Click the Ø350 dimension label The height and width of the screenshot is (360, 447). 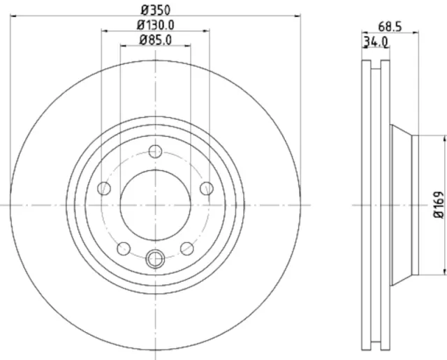[x=155, y=10]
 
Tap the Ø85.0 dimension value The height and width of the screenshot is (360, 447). [x=155, y=40]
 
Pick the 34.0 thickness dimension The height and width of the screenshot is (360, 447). [x=375, y=43]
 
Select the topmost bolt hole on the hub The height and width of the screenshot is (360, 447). [x=155, y=151]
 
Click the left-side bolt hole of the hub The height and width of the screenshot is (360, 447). [x=105, y=188]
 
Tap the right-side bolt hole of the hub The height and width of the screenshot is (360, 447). [x=206, y=188]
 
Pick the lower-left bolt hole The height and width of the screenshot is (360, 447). [x=124, y=248]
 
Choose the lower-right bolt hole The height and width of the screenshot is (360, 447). [x=187, y=248]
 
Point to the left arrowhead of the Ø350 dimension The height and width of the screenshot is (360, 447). [x=13, y=15]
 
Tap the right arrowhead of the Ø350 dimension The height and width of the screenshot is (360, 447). [x=298, y=15]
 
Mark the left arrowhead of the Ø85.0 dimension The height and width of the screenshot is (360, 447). [x=123, y=46]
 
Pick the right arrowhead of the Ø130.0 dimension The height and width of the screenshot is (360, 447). [x=206, y=31]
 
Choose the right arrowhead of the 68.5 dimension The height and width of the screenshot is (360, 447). [x=414, y=32]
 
